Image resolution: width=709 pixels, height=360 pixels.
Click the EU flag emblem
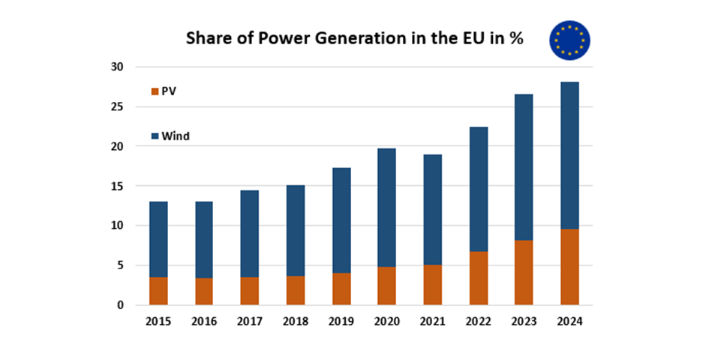tap(569, 40)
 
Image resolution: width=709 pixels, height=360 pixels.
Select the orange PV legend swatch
tap(155, 91)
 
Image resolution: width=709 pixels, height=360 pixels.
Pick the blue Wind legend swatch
tap(155, 136)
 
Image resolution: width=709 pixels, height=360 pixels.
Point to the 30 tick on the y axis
tap(118, 67)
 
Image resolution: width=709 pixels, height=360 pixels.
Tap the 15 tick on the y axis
tap(118, 186)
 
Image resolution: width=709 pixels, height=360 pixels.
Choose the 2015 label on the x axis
tap(158, 322)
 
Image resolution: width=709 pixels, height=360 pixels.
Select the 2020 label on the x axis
tap(386, 322)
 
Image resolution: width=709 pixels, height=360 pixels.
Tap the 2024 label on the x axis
tap(569, 322)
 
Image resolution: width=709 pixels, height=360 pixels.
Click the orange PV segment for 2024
tap(569, 267)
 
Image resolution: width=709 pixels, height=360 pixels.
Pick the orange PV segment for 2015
tap(158, 291)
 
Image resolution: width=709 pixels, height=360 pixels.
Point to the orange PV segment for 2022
tap(478, 278)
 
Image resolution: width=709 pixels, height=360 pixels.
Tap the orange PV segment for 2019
tap(341, 289)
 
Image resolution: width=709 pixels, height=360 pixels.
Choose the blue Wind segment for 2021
tap(432, 209)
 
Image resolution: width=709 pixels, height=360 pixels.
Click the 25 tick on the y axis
tap(118, 106)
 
